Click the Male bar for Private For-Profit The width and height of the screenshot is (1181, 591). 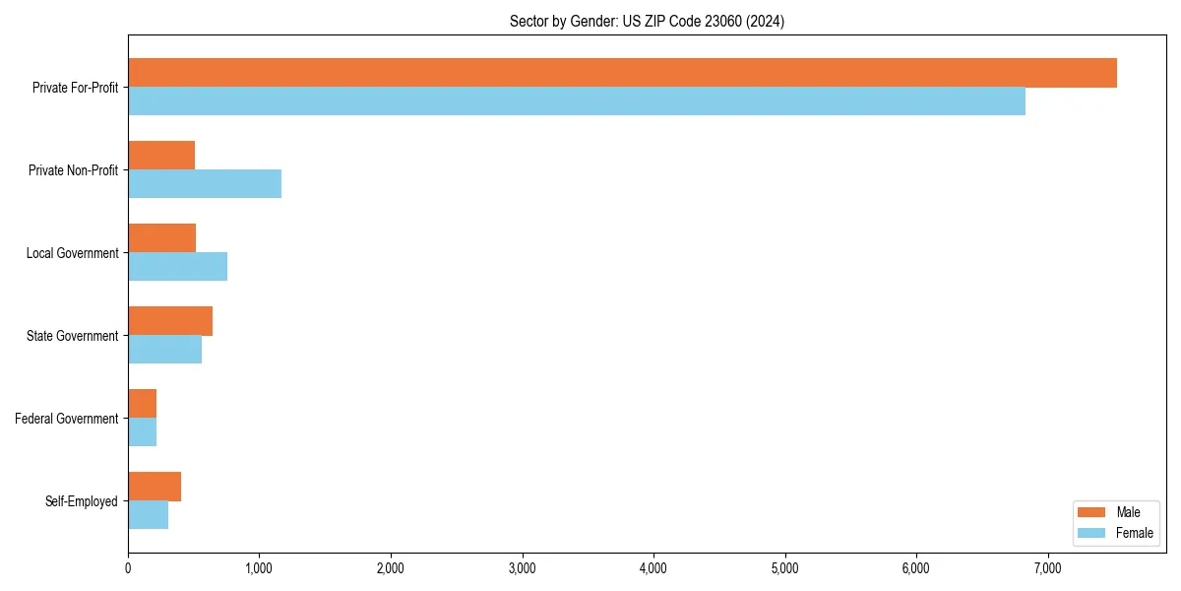coord(622,73)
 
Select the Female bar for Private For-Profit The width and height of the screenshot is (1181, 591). coord(577,101)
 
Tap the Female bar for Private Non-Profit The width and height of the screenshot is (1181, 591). coord(205,184)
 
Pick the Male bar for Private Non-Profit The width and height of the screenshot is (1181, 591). coord(161,156)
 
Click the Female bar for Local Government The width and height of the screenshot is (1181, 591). coord(177,267)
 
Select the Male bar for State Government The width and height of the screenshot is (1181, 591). coord(170,321)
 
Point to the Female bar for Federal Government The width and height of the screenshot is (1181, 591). coord(142,432)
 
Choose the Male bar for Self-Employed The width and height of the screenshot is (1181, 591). coord(155,487)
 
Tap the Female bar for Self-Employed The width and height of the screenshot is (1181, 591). coord(148,515)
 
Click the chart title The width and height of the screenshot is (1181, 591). coord(647,21)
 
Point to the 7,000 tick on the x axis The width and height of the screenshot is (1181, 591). coord(1047,567)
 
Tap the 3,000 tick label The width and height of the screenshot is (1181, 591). coord(522,567)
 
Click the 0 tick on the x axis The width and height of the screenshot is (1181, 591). coord(128,567)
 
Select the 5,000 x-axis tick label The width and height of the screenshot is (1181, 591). coord(784,567)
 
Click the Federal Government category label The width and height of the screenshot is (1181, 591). coord(67,419)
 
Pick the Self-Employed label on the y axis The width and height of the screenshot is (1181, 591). coord(82,501)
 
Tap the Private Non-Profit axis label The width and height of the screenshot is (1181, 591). coord(73,170)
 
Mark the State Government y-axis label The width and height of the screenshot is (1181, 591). coord(73,336)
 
